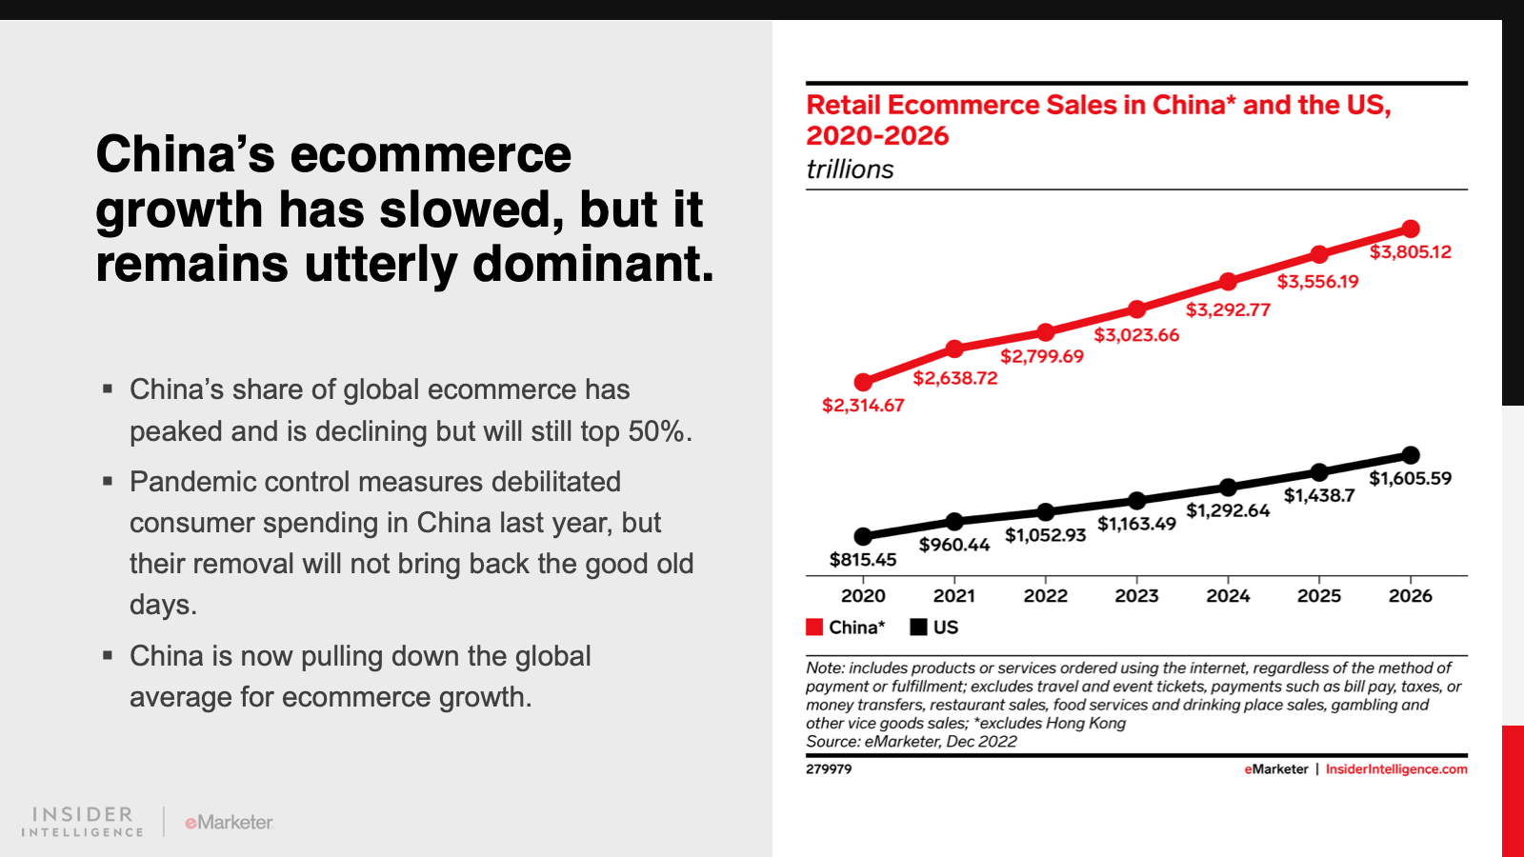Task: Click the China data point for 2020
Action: coord(863,382)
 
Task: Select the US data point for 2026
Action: coord(1411,455)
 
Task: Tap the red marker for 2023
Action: coord(1136,309)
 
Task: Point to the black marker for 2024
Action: coord(1228,488)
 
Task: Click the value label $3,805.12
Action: coord(1410,252)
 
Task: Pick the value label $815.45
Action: coord(863,560)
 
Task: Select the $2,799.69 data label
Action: coord(1041,356)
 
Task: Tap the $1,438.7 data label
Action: coord(1318,495)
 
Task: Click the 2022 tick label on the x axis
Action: coord(1045,596)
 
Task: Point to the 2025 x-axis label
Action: coord(1318,596)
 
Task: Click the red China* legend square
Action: coord(814,627)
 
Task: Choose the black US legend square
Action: coord(918,627)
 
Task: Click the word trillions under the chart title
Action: coord(850,169)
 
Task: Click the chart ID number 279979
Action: coord(829,769)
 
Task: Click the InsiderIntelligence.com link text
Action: coord(1395,769)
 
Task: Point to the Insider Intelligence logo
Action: coord(83,822)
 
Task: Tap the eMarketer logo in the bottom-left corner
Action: coord(229,822)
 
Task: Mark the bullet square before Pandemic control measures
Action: coord(108,481)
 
